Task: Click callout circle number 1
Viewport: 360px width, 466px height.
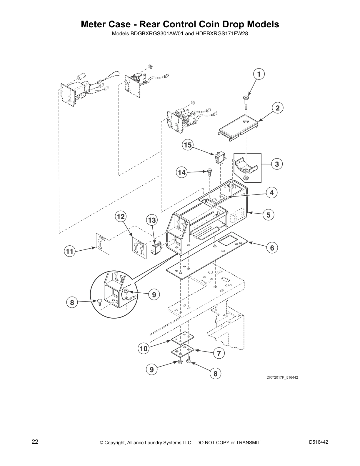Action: coord(259,74)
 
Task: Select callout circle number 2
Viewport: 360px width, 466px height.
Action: coord(277,108)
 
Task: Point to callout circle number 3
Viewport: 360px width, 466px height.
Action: coord(277,164)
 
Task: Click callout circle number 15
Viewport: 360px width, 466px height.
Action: coord(188,145)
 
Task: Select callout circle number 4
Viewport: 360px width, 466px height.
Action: coord(272,193)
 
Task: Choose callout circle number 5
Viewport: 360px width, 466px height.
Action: coord(268,215)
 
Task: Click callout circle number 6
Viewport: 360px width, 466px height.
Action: coord(272,248)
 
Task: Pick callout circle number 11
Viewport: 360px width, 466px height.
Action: coord(70,252)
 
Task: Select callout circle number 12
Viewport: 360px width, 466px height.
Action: coord(121,217)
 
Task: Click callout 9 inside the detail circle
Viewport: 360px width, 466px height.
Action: coord(154,294)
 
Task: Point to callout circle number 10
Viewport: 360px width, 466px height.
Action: coord(143,349)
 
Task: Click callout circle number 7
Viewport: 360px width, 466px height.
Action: coord(219,353)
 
